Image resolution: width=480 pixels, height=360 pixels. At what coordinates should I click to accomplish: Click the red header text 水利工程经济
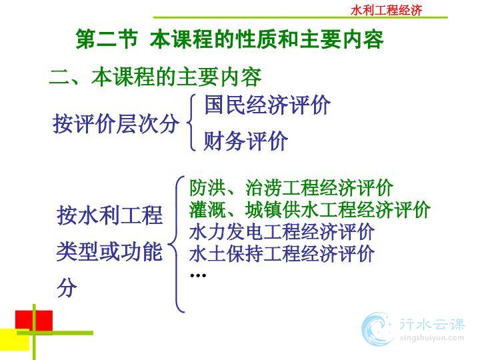click(386, 10)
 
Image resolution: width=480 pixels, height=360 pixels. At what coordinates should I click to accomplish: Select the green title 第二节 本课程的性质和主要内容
click(229, 39)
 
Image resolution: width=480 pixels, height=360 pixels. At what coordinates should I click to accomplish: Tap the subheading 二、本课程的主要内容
click(155, 77)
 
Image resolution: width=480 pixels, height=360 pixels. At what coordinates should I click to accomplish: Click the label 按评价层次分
click(115, 124)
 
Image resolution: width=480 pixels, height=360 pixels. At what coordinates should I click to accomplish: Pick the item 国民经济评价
click(267, 105)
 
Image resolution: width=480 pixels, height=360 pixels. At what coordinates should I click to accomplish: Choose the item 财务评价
click(246, 141)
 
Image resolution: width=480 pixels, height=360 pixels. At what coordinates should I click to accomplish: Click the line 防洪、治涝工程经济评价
click(291, 187)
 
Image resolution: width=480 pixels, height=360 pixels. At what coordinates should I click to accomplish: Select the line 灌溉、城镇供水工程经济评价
click(309, 209)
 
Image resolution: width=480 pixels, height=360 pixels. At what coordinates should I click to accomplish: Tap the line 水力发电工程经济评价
click(281, 231)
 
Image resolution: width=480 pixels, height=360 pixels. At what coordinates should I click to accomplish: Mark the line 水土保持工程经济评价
click(281, 253)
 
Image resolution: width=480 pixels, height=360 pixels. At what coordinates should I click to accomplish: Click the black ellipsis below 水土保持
click(198, 275)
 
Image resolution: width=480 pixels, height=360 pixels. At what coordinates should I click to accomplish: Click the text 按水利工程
click(109, 215)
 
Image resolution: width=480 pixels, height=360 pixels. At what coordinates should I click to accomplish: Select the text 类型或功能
click(109, 251)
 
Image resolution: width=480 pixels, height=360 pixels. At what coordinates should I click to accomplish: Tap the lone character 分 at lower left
click(67, 287)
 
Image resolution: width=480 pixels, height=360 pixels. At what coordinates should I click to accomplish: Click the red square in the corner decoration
click(34, 321)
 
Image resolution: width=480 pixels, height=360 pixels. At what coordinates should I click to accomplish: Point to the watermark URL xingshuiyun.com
click(432, 338)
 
